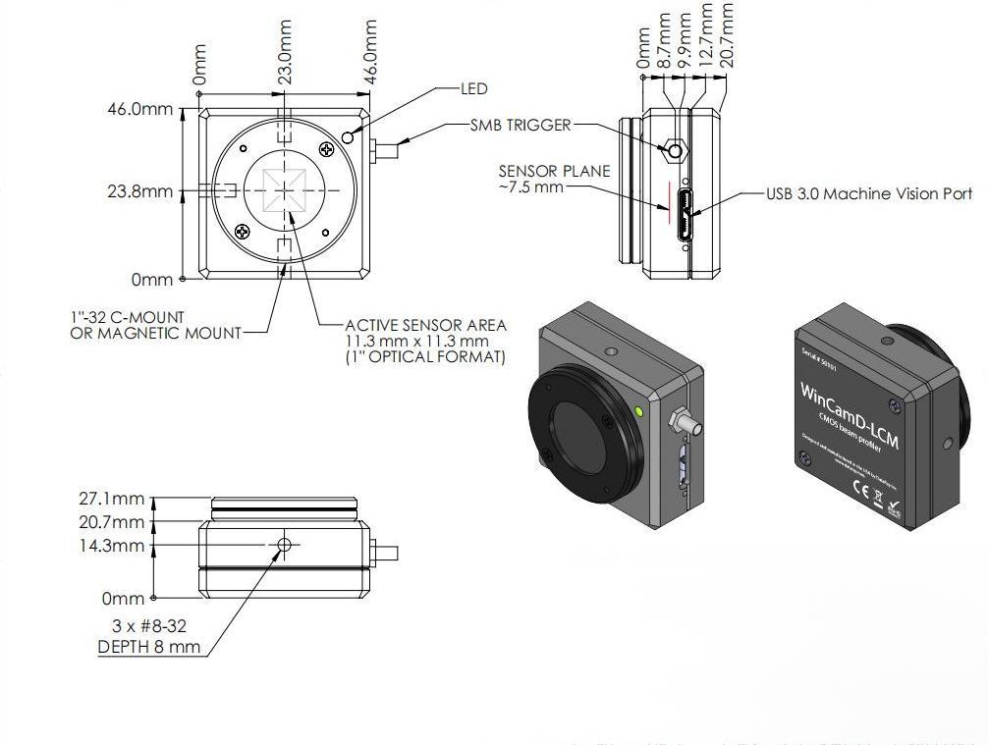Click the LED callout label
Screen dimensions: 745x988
coord(473,88)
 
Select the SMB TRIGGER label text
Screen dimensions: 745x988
coord(520,126)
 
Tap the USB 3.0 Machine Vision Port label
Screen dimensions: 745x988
coord(869,194)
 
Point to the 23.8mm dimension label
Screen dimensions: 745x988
coord(139,191)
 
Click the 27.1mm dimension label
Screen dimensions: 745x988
coord(111,500)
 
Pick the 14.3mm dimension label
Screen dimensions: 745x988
coord(111,546)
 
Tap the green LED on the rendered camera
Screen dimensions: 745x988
coord(641,411)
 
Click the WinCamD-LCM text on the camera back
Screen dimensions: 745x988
coord(851,414)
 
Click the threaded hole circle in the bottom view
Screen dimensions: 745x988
coord(285,544)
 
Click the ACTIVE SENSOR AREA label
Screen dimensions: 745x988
coord(425,325)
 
